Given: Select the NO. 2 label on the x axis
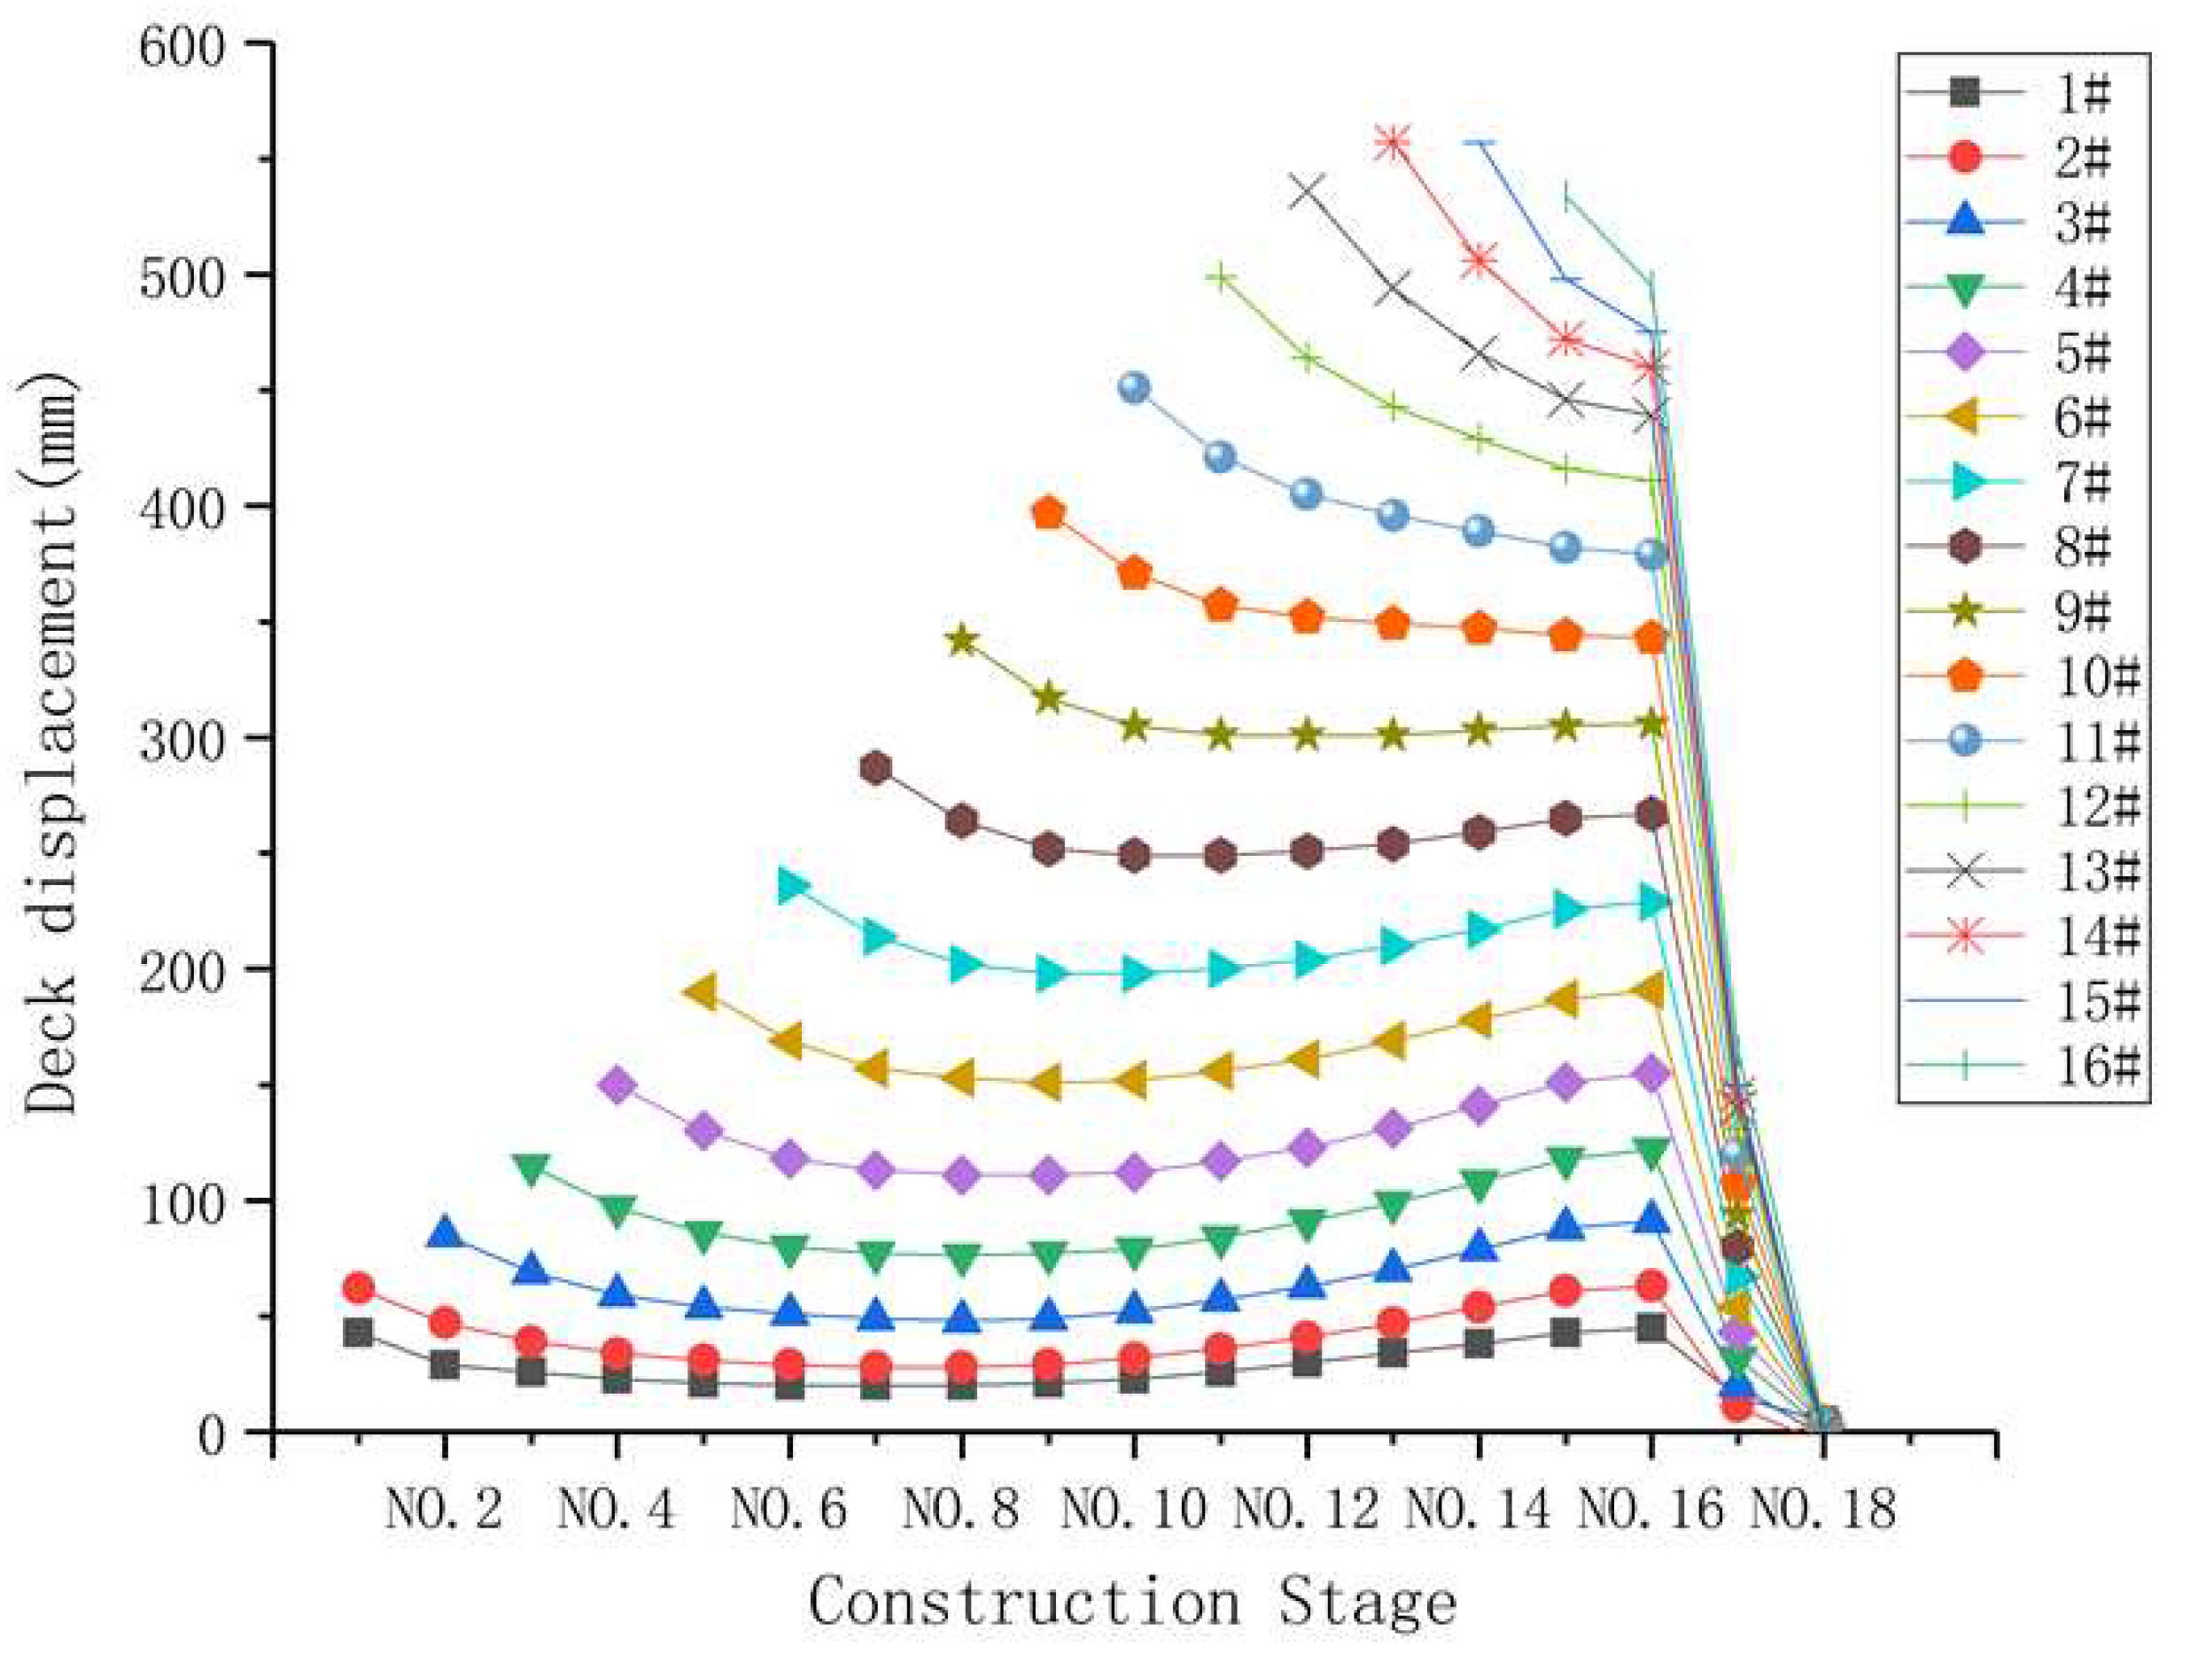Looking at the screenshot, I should pos(443,1510).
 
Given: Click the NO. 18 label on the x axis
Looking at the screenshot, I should pos(1821,1510).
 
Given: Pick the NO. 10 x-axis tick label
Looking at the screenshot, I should pos(1133,1510).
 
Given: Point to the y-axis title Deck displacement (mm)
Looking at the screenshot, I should pos(50,741).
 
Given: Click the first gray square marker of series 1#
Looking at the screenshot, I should pos(358,1333).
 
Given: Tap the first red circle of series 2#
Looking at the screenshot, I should pos(358,1288).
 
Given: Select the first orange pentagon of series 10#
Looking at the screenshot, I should pos(1048,514).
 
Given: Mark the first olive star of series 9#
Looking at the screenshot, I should pos(962,641).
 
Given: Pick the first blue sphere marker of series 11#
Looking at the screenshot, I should pos(1134,388).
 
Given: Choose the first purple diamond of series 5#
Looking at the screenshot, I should pos(617,1084).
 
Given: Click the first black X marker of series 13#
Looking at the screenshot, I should pos(1306,190).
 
